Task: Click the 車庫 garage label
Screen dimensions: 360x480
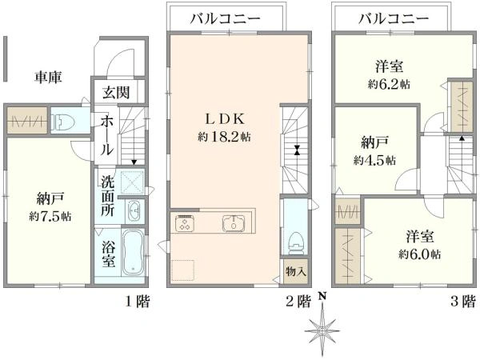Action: [48, 78]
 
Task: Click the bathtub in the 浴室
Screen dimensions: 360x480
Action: [131, 255]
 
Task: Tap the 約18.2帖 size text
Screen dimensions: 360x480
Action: [224, 137]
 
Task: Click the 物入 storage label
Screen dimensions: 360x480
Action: [294, 272]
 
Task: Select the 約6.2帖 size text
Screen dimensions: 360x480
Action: [390, 84]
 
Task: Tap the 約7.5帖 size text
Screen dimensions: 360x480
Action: [50, 216]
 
